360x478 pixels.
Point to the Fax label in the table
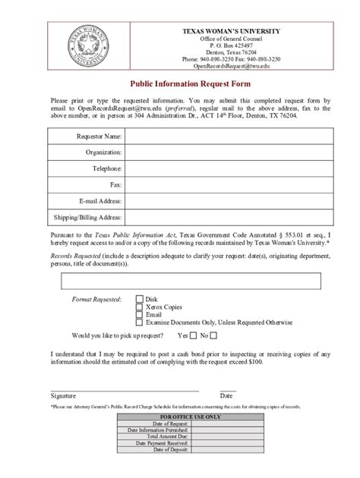(x=115, y=184)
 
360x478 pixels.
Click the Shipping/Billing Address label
(x=87, y=216)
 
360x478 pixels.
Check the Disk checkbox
(x=139, y=300)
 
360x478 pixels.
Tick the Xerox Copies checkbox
(x=139, y=307)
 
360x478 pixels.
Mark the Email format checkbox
(x=139, y=315)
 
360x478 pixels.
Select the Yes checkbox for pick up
(x=194, y=335)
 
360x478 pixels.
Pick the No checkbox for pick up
(x=213, y=335)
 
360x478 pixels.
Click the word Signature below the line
(x=62, y=395)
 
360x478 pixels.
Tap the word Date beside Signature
(x=226, y=395)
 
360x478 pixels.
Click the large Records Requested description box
(x=179, y=282)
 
